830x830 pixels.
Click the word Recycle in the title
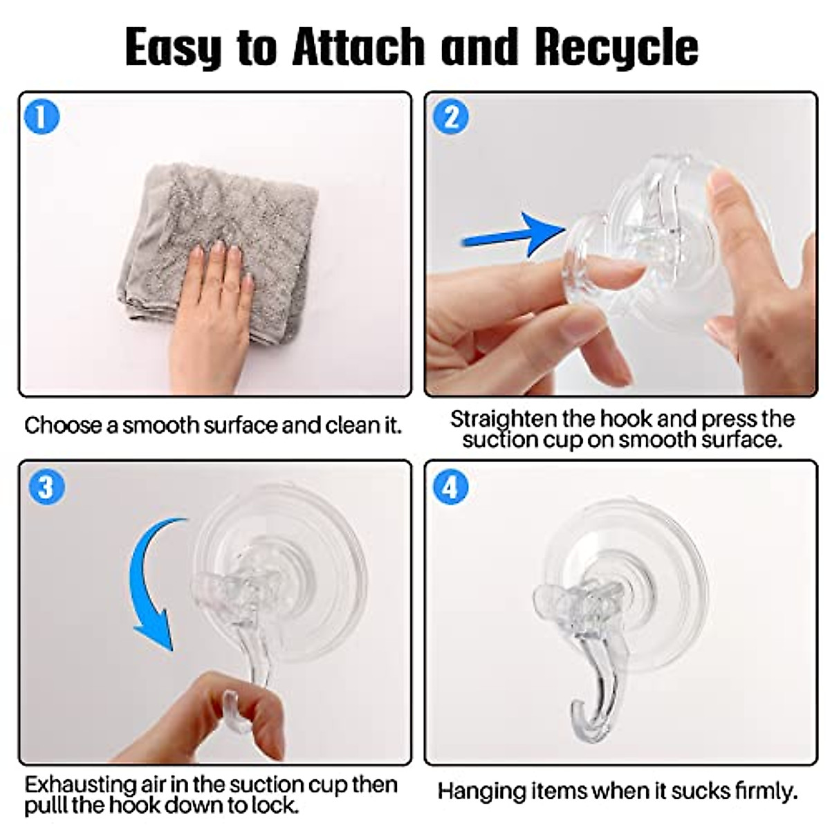[x=616, y=48]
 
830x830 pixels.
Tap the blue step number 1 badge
[x=42, y=117]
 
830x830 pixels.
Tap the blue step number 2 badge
[x=450, y=117]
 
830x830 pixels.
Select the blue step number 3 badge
[x=46, y=487]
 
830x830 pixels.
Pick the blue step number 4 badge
[x=450, y=487]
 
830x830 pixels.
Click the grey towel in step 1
[x=217, y=246]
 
